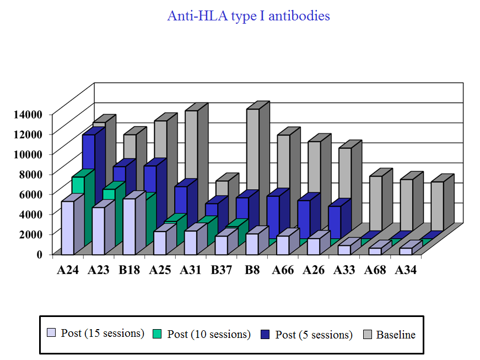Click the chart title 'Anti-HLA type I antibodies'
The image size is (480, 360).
249,16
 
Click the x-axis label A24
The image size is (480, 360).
67,270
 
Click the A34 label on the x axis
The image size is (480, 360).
406,270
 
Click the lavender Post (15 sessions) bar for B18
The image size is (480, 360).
129,226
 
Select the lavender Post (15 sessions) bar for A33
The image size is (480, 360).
344,249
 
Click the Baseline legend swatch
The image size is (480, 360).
368,334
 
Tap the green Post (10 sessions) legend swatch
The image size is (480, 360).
158,334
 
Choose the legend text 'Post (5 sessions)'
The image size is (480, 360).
314,335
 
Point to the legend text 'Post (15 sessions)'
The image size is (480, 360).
103,333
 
